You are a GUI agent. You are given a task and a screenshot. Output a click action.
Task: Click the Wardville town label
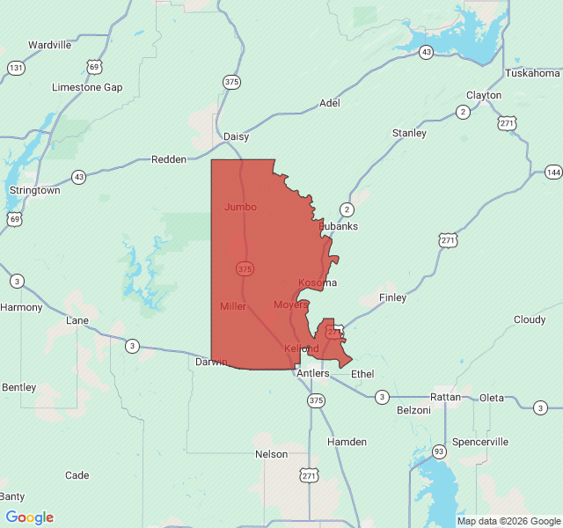[49, 45]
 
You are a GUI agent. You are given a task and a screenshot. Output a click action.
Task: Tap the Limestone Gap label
[87, 87]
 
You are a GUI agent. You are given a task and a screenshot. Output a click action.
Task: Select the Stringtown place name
[34, 190]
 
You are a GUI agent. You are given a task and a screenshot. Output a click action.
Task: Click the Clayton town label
[484, 95]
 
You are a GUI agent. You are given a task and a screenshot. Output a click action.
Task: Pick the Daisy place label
[236, 136]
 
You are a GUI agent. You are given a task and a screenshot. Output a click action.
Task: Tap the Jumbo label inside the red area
[240, 207]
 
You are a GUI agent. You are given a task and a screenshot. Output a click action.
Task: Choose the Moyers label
[290, 304]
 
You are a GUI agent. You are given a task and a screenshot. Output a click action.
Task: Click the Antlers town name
[312, 373]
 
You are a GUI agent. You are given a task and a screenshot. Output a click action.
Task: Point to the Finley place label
[392, 297]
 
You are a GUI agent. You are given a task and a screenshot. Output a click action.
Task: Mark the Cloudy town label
[530, 319]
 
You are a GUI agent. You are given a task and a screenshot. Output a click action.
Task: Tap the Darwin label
[211, 362]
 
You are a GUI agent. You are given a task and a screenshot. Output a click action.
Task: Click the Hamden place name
[347, 441]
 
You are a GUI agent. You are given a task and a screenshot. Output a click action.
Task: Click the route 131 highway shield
[15, 68]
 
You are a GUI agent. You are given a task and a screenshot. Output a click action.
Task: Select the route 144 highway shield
[552, 172]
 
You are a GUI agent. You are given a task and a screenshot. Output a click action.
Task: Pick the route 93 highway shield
[437, 451]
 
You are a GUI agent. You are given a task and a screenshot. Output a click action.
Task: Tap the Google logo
[29, 517]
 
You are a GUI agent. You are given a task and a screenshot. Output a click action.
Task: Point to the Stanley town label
[409, 133]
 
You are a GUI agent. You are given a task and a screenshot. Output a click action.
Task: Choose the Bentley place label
[19, 387]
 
